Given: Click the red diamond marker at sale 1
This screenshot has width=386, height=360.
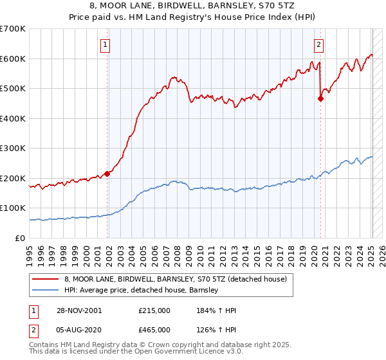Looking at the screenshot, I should click(x=107, y=173).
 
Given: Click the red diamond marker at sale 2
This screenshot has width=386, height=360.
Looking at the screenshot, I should click(x=320, y=98).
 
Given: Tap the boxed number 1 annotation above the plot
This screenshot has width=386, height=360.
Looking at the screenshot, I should click(x=104, y=44).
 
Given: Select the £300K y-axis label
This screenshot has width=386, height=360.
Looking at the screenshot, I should click(x=13, y=148).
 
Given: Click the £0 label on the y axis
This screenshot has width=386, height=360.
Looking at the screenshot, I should click(x=19, y=238).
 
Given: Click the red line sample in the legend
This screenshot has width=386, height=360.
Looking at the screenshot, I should click(x=46, y=279).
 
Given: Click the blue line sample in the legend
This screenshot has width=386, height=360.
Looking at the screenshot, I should click(x=46, y=290).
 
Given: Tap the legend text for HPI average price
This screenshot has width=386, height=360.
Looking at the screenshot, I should click(x=142, y=290).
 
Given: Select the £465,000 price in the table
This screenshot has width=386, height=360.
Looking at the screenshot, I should click(x=154, y=331).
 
